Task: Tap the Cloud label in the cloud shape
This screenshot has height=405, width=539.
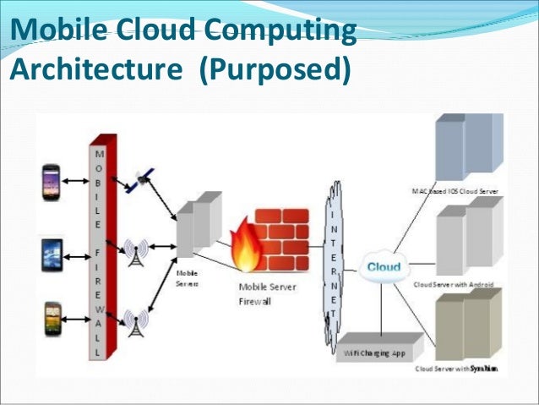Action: pos(384,268)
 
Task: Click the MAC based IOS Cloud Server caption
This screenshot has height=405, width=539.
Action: pos(460,192)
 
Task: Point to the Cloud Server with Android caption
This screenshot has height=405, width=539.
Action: pos(455,284)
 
